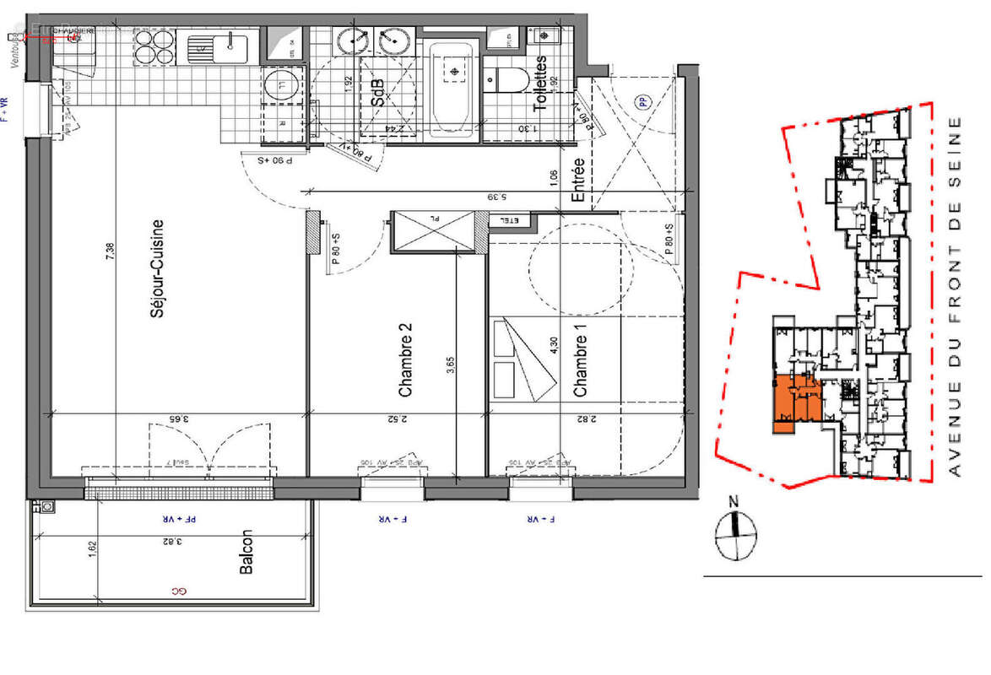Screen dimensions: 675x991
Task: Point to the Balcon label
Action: (246, 553)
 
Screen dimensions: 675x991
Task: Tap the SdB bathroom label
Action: (377, 93)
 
